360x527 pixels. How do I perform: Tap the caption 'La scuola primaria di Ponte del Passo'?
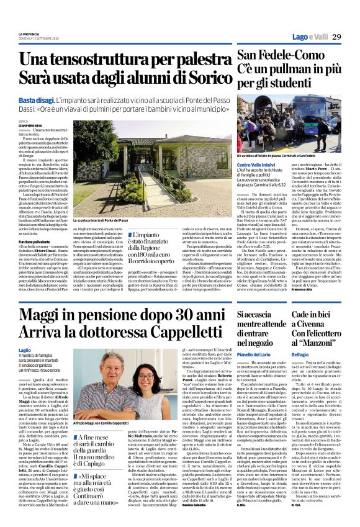pyautogui.click(x=102, y=220)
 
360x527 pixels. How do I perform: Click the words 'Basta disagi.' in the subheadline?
pyautogui.click(x=35, y=101)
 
